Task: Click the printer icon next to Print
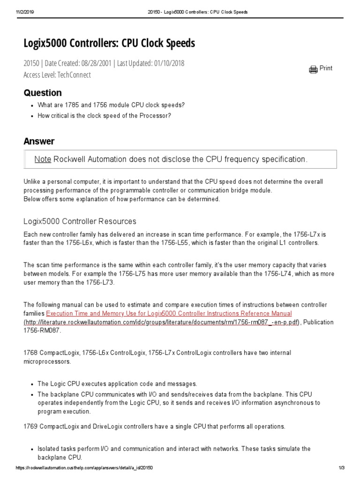pos(313,69)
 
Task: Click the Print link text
pos(326,68)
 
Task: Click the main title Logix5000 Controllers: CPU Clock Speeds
pos(109,44)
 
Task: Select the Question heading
pos(42,93)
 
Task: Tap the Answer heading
pos(39,142)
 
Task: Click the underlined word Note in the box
pos(43,159)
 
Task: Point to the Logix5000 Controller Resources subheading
pos(80,221)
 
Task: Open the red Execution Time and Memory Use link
pos(169,314)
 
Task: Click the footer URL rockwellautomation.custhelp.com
pos(84,468)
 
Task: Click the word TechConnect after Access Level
pos(75,75)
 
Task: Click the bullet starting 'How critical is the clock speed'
pos(104,116)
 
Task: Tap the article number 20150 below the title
pos(31,63)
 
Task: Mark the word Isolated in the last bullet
pos(49,449)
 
